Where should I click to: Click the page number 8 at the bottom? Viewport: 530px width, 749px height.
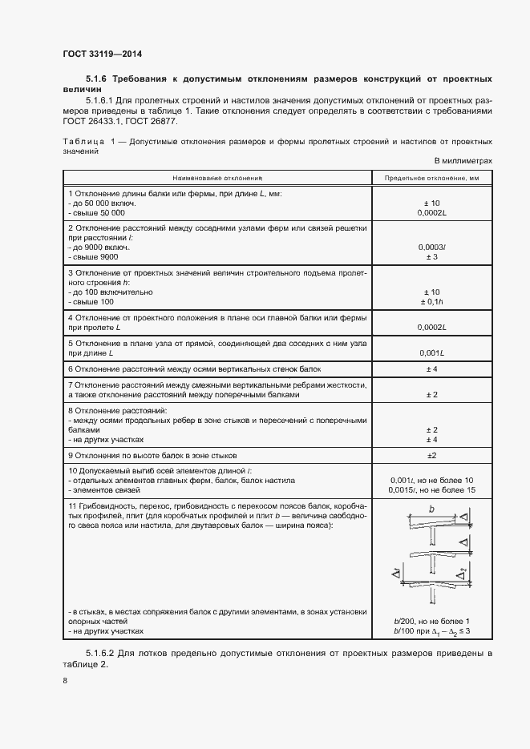click(64, 681)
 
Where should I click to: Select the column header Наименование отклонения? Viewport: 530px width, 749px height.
click(216, 178)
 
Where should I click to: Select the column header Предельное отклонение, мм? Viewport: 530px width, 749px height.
click(431, 178)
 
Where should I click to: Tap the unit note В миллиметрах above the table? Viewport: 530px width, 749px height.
click(463, 161)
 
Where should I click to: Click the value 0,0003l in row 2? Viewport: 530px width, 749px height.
click(431, 248)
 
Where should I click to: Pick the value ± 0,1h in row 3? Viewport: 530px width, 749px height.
click(431, 301)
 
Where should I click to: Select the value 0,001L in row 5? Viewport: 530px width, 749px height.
click(431, 353)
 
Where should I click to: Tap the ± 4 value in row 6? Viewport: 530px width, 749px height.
click(431, 368)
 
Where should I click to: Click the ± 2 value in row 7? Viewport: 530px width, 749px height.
click(431, 395)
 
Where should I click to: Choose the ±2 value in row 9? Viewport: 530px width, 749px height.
click(431, 455)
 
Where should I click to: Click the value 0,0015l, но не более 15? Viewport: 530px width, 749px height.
click(431, 489)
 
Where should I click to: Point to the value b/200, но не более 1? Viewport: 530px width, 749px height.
click(431, 622)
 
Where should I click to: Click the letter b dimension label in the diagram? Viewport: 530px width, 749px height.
click(431, 509)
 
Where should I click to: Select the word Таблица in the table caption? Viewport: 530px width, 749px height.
click(83, 141)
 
